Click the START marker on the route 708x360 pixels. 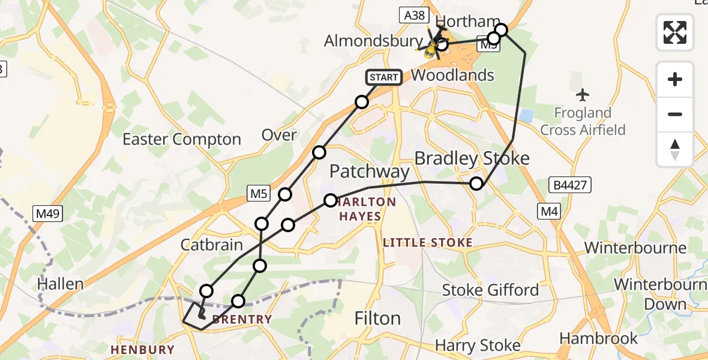[383, 77]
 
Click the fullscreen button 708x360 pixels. [675, 32]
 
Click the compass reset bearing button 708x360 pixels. [675, 149]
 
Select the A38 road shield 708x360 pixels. [415, 16]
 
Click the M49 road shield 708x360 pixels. [46, 213]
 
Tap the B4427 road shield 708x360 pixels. [568, 184]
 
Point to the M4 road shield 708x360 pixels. [548, 211]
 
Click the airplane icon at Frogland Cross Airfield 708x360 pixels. [582, 95]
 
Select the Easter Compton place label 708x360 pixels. [182, 139]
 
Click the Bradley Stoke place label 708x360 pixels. [472, 158]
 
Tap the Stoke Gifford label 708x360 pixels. [490, 290]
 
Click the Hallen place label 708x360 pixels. [60, 283]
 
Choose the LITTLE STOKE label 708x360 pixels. [428, 243]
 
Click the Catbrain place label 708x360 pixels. [212, 245]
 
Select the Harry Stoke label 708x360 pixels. [478, 346]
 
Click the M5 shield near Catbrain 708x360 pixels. [259, 193]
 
